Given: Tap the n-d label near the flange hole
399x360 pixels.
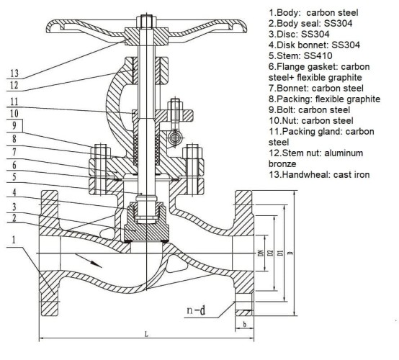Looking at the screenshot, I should (x=198, y=311).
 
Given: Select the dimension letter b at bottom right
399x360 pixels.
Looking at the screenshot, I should (x=247, y=325).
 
